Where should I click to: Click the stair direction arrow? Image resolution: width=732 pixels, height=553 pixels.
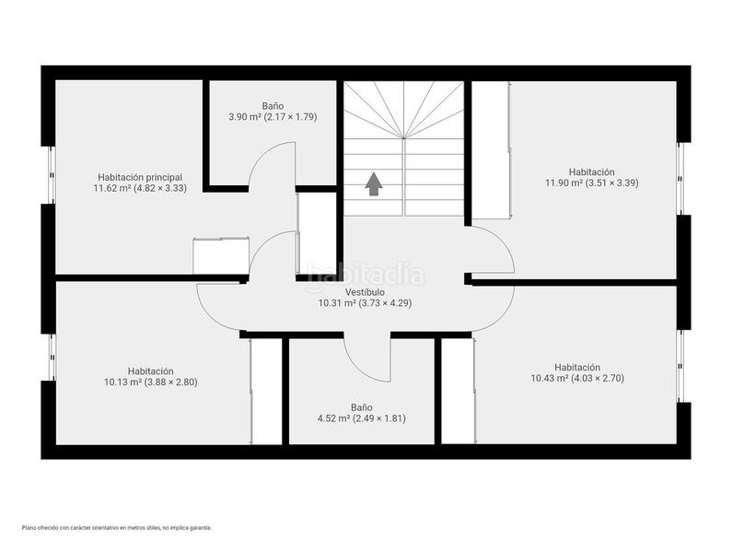click(x=373, y=184)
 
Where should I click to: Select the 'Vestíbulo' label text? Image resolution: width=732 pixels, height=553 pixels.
click(x=365, y=291)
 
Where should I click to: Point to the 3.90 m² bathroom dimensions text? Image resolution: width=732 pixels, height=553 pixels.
click(x=273, y=117)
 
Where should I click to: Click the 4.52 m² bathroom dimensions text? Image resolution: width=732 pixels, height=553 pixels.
click(x=361, y=418)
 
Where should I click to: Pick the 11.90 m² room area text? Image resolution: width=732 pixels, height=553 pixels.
click(x=590, y=182)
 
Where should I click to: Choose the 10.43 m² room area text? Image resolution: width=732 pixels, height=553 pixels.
click(x=577, y=378)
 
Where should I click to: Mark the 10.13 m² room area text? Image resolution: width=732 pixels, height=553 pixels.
click(x=151, y=382)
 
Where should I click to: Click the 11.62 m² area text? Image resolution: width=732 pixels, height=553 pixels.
click(x=140, y=188)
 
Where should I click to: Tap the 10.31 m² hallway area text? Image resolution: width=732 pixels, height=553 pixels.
click(x=365, y=302)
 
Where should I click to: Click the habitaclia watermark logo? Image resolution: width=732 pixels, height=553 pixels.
click(x=366, y=273)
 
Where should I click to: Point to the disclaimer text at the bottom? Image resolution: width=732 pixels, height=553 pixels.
click(x=117, y=528)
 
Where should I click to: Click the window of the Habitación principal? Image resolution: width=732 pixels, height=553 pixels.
click(x=50, y=175)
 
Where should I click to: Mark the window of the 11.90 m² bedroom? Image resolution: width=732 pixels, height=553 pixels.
click(x=682, y=178)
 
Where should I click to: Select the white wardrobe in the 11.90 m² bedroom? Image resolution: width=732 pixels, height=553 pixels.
click(x=490, y=149)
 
